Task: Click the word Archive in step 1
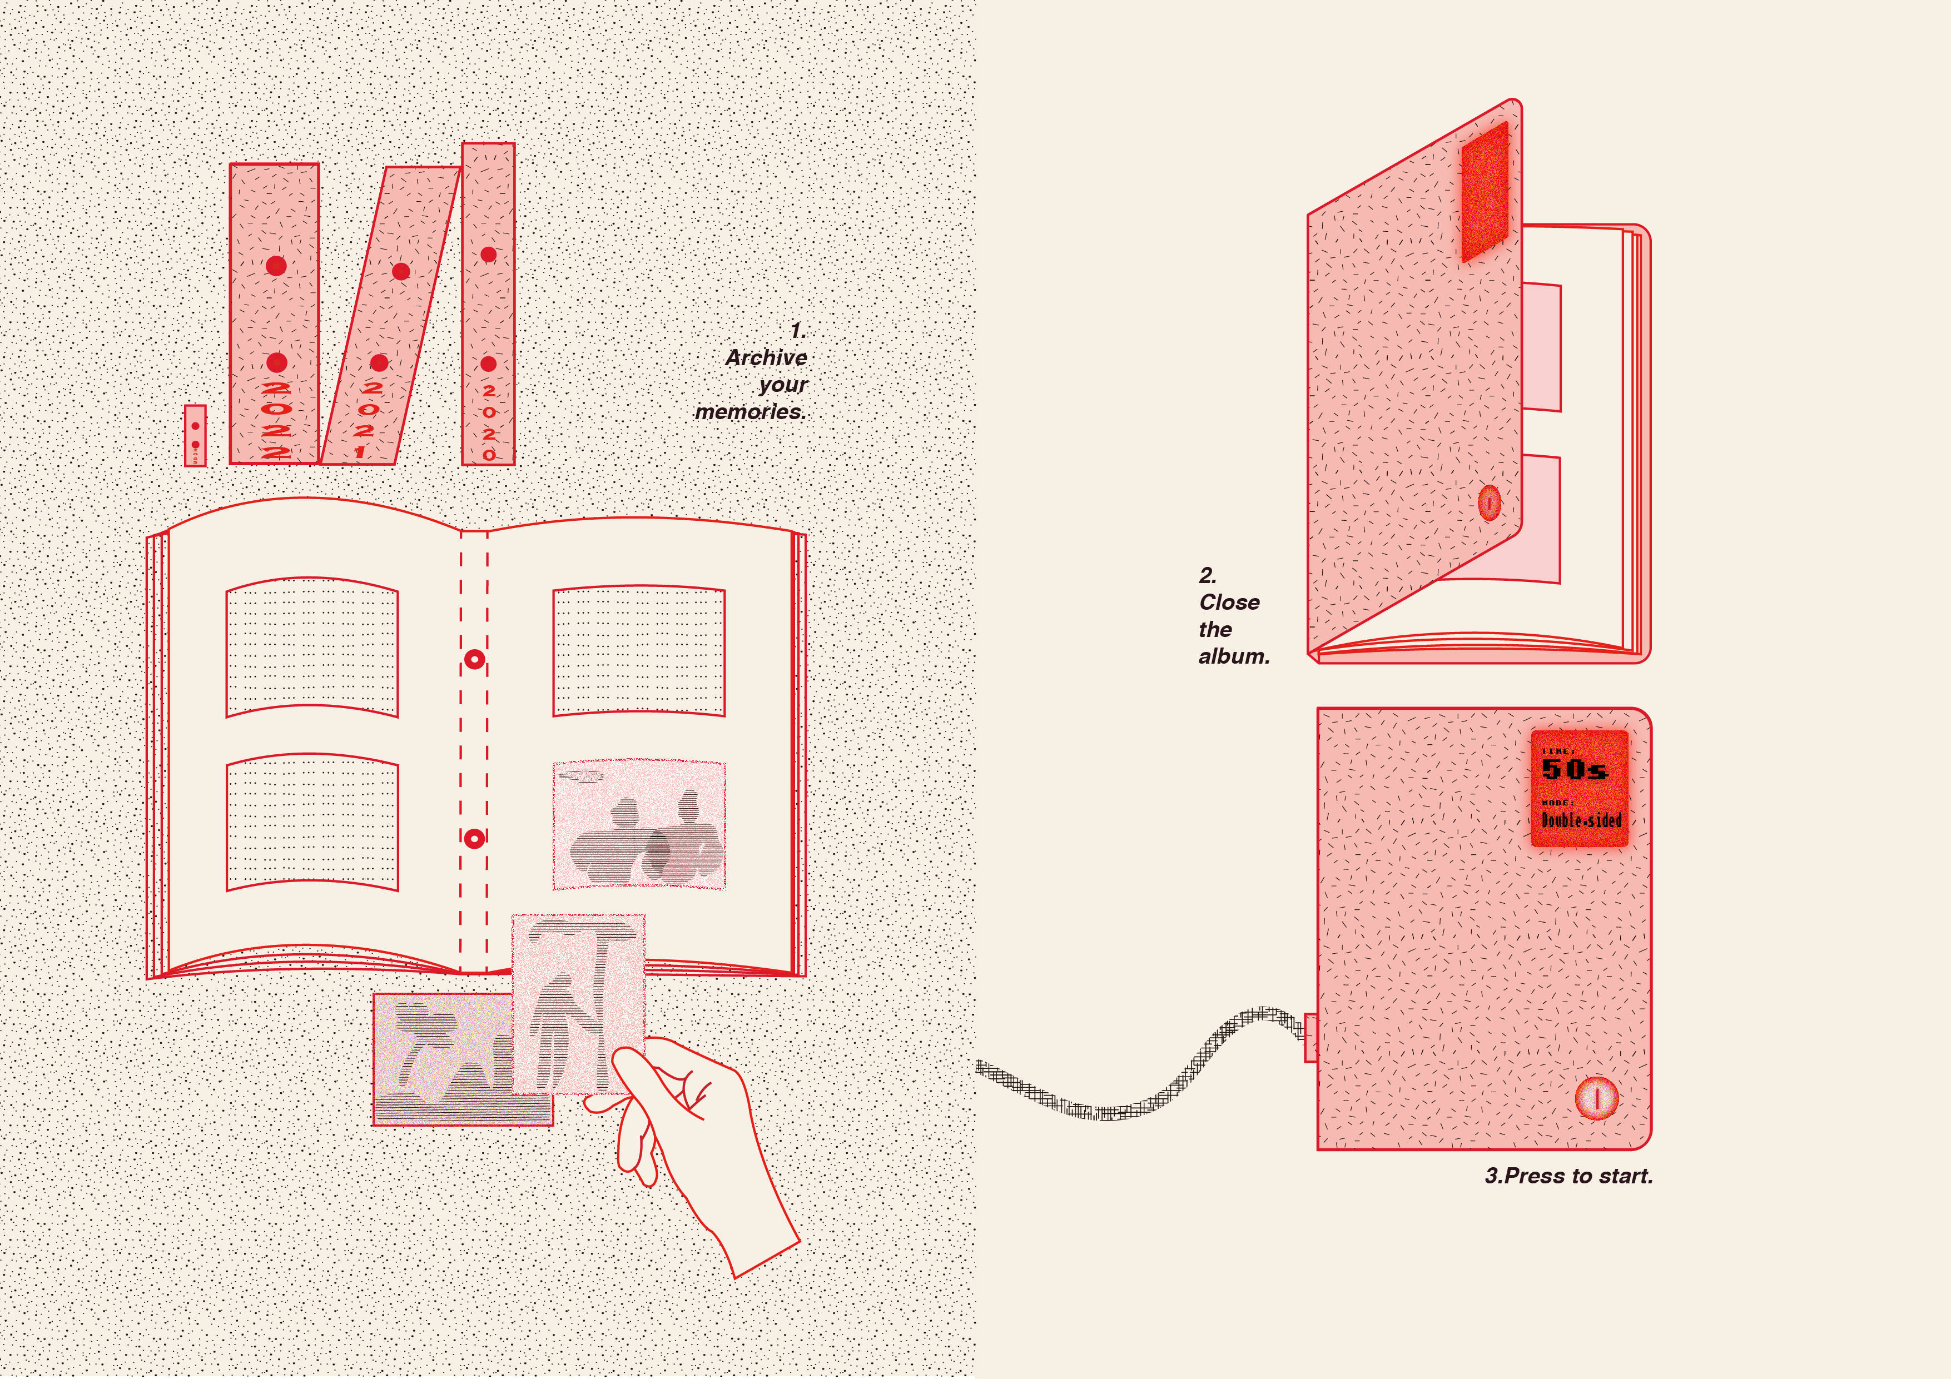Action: tap(766, 358)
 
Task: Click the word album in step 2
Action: tap(1233, 657)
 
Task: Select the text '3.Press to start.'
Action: tap(1568, 1176)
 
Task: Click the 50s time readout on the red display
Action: tap(1573, 770)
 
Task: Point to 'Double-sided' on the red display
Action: tap(1581, 820)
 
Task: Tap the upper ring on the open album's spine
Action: tap(475, 659)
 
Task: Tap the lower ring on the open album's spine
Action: tap(475, 839)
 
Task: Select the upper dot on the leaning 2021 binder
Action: tap(401, 271)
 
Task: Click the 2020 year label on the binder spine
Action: tap(489, 422)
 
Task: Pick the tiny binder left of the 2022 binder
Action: tap(196, 435)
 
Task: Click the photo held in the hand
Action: tap(578, 1003)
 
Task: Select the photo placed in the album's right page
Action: tap(639, 825)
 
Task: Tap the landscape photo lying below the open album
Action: tap(442, 1062)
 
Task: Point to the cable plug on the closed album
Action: tap(1310, 1037)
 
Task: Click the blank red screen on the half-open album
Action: tap(1485, 191)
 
